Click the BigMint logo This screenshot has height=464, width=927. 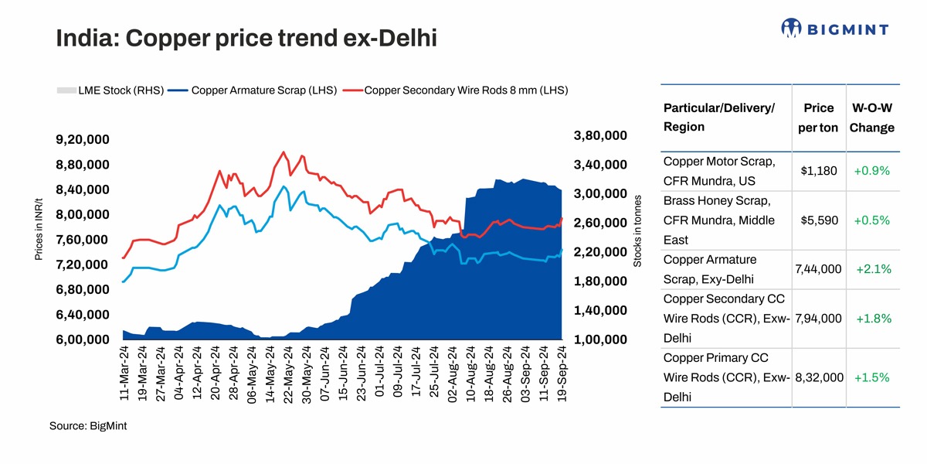[834, 29]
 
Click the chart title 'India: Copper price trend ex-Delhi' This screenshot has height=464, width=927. [246, 37]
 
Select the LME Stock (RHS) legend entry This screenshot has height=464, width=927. [110, 90]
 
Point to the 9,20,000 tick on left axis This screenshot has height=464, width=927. [82, 140]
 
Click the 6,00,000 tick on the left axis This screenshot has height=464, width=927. [82, 339]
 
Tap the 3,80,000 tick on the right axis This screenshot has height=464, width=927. [600, 136]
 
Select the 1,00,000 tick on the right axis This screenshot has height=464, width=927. [600, 339]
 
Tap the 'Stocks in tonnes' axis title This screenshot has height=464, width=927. [637, 230]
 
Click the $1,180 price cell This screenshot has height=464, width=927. [818, 171]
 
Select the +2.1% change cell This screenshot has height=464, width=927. [874, 270]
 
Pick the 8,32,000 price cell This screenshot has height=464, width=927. [818, 378]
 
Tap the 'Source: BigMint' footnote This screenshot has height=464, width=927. [87, 425]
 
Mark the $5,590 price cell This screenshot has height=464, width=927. [818, 220]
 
